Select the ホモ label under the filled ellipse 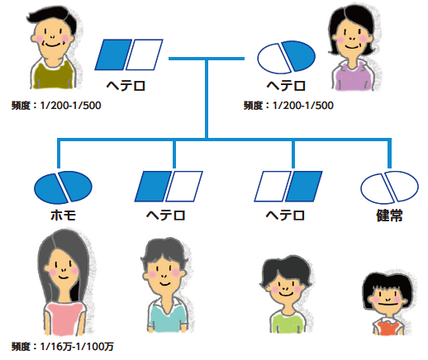point(64,216)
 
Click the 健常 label point(389,216)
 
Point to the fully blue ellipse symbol point(63,187)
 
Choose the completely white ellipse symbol point(389,187)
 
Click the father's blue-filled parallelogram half point(113,54)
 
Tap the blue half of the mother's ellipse point(298,56)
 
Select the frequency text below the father point(56,106)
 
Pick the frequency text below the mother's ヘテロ point(288,106)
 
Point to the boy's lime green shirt point(288,323)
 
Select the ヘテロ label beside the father point(126,86)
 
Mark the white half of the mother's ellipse point(273,59)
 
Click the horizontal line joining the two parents point(207,59)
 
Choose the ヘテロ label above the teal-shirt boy point(165,216)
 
